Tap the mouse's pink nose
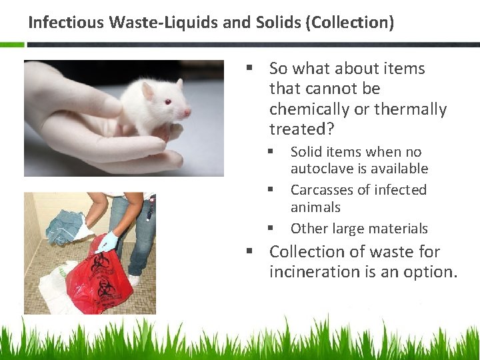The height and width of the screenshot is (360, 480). pos(189,111)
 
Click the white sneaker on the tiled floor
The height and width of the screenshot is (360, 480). pos(134,279)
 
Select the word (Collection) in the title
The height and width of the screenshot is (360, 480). pos(351,23)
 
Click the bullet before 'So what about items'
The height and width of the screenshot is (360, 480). pos(249,69)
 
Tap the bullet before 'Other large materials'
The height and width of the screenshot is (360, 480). pos(271,228)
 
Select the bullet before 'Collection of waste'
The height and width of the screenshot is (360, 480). pos(249,252)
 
